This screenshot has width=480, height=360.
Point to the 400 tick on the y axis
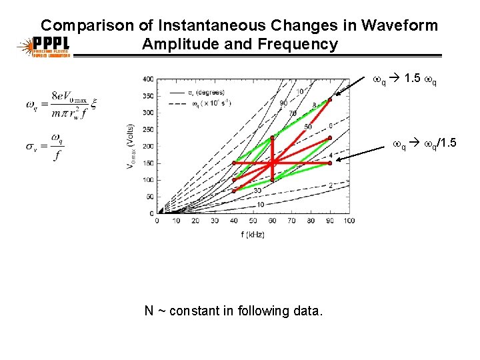[147, 79]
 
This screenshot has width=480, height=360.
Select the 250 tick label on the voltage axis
[147, 129]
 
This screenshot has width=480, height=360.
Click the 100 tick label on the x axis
[349, 221]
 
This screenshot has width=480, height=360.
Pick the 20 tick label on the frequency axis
[195, 221]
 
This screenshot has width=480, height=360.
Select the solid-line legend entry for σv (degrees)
[193, 92]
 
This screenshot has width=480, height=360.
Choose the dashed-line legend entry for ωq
[193, 104]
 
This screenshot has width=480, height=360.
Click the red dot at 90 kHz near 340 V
[329, 101]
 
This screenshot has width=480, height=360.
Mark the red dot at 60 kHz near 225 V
[272, 138]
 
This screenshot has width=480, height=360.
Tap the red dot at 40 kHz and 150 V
[234, 163]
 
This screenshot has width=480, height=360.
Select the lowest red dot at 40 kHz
[234, 191]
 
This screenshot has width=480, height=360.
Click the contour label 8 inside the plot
[314, 105]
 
